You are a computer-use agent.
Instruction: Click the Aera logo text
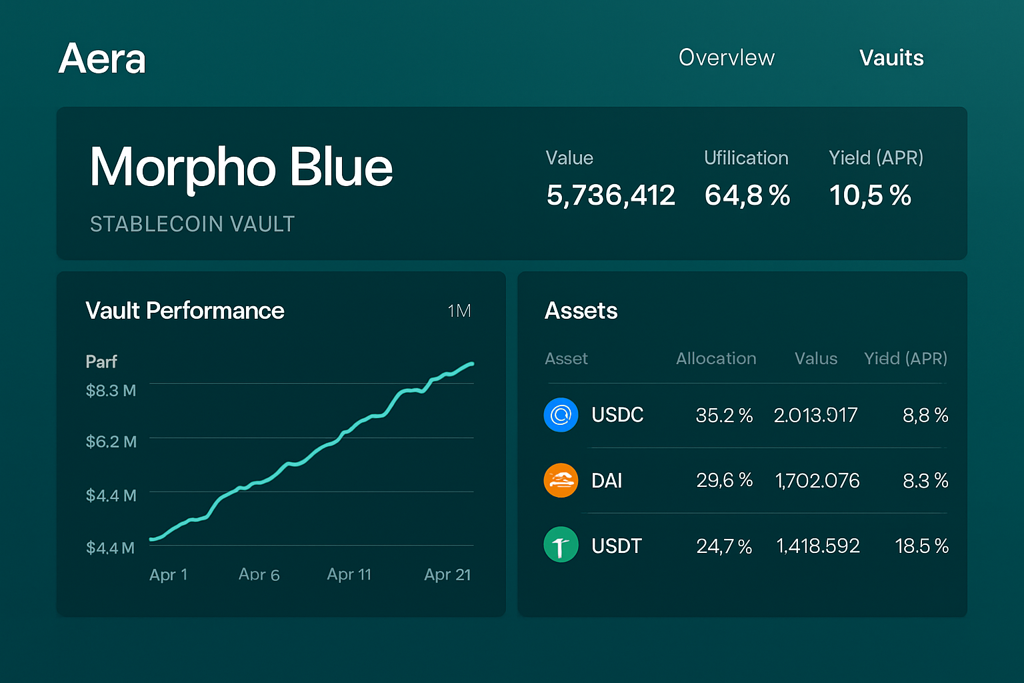coord(102,59)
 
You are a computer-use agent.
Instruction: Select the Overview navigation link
coord(726,58)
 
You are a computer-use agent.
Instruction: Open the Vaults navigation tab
coord(891,58)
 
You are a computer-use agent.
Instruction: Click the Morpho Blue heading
coord(241,167)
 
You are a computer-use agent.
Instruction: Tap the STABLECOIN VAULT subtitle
coord(192,224)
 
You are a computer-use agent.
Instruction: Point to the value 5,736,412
coord(610,195)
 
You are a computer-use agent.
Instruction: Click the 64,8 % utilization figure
coord(747,195)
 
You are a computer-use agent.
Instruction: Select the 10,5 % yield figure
coord(869,195)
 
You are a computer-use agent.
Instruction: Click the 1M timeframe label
coord(459,311)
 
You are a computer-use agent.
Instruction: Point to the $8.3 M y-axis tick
coord(111,390)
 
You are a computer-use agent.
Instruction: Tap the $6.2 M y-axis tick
coord(111,442)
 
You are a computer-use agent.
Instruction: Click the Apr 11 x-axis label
coord(349,574)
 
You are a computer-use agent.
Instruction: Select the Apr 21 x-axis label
coord(447,574)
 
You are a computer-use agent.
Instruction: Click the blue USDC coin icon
coord(561,415)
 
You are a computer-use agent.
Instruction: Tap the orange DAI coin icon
coord(561,480)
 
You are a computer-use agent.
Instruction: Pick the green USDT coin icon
coord(561,545)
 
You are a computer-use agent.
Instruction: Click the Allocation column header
coord(715,359)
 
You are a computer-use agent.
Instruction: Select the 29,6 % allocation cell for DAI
coord(724,480)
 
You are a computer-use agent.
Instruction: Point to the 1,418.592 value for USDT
coord(817,546)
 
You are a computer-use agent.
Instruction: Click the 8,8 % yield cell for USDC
coord(925,416)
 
